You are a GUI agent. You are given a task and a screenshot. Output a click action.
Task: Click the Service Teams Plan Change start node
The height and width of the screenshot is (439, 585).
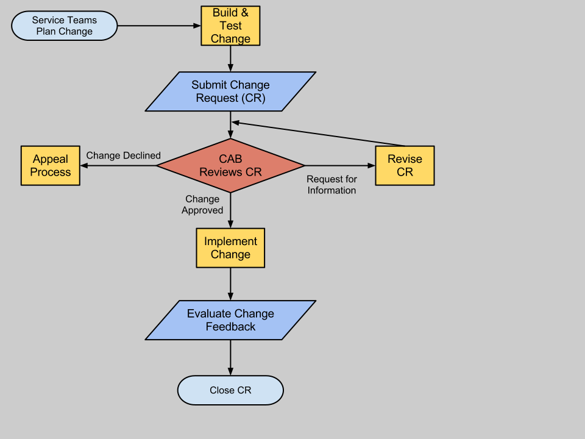point(64,26)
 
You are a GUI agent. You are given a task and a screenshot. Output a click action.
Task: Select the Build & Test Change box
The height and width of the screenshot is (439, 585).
point(230,26)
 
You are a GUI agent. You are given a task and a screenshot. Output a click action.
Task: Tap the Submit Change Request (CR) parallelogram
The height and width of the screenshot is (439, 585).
point(230,91)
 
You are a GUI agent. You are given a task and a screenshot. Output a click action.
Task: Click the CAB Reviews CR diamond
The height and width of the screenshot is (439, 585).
point(230,165)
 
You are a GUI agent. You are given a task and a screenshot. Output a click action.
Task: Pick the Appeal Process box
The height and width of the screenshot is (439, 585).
point(50,165)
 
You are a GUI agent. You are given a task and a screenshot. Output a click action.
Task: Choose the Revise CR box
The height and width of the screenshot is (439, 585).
point(405,165)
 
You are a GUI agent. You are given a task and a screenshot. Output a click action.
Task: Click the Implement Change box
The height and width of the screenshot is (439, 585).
point(230,248)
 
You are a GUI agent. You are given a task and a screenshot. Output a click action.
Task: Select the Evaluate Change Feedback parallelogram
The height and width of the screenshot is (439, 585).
point(230,320)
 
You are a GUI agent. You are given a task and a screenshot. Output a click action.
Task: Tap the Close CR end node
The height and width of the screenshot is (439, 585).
point(230,390)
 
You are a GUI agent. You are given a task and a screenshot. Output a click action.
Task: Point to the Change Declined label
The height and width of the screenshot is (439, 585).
point(123,155)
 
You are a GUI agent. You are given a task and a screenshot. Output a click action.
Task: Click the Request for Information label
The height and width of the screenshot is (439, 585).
point(331,185)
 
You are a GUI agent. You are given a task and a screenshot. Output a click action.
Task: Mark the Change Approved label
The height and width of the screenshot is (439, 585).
point(202,204)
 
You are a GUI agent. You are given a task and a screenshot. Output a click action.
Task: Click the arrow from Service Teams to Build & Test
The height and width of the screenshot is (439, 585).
point(158,26)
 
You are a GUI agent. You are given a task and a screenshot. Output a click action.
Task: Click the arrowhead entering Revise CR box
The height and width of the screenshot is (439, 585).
point(371,165)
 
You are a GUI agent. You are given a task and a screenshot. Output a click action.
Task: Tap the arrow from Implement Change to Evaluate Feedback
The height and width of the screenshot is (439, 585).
point(230,284)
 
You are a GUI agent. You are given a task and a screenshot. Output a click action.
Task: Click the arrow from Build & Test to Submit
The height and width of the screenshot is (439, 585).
point(230,59)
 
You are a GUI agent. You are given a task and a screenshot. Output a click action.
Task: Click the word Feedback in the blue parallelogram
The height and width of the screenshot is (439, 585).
point(230,327)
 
